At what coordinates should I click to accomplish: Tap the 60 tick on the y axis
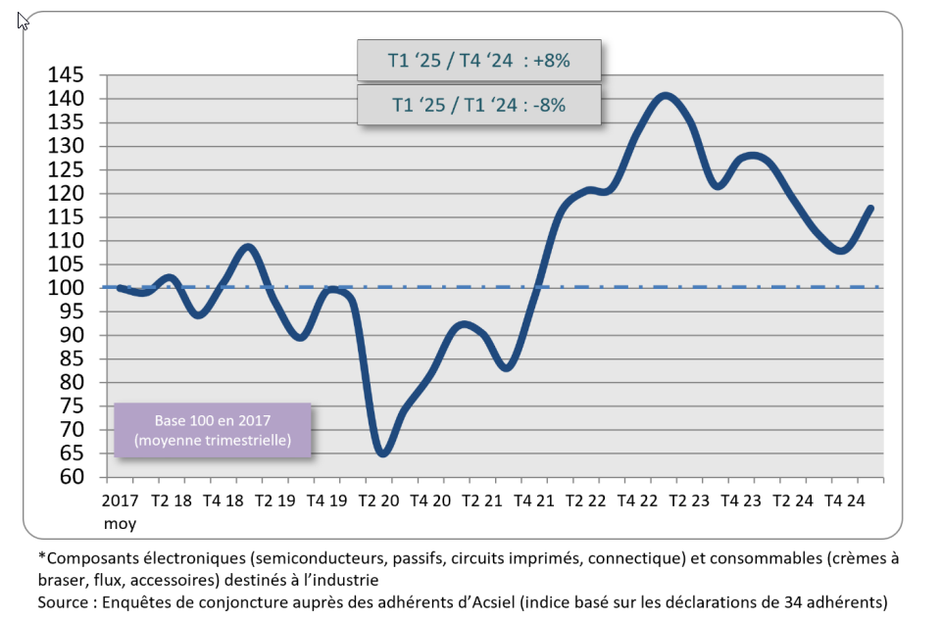[74, 477]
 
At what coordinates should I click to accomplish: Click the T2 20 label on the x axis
[379, 500]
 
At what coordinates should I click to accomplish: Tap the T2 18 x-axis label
[172, 500]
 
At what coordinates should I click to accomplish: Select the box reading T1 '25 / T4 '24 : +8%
[478, 62]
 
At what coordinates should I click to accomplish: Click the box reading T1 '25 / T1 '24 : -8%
[478, 105]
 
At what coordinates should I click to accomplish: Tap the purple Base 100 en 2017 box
[213, 430]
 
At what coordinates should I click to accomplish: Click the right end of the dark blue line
[871, 208]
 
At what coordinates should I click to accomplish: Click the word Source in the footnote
[65, 601]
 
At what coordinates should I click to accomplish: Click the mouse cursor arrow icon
[23, 20]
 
